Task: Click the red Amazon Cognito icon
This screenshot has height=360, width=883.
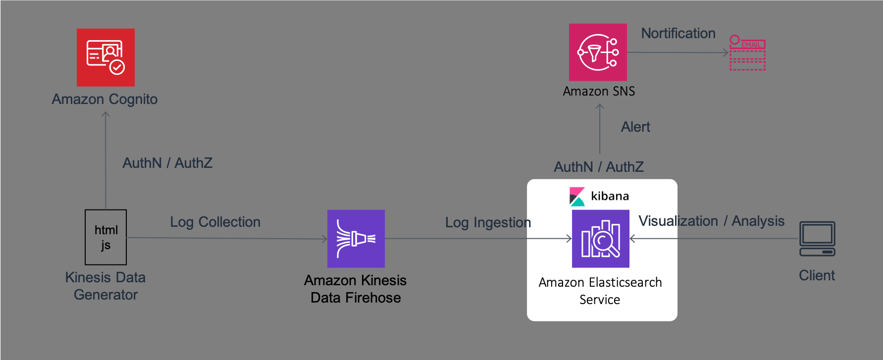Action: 105,57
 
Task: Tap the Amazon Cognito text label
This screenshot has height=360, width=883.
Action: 104,100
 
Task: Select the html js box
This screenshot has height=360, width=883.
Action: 105,237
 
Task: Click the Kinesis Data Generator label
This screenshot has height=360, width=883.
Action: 105,286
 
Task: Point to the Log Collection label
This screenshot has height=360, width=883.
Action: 215,222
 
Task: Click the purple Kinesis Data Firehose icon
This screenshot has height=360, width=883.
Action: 356,239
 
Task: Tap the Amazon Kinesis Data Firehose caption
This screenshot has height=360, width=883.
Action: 356,289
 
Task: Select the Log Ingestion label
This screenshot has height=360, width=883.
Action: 488,223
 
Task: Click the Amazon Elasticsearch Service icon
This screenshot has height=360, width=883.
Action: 601,239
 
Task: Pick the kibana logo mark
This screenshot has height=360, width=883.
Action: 577,197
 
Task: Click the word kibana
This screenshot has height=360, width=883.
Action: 610,196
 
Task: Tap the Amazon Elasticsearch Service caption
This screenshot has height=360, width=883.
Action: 600,291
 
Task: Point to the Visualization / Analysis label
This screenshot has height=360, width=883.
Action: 711,221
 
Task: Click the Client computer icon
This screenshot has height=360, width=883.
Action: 817,239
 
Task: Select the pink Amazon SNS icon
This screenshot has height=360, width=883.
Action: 598,52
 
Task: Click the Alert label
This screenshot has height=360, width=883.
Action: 635,127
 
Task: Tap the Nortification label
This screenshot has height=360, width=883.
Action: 678,33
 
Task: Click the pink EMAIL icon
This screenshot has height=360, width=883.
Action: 748,52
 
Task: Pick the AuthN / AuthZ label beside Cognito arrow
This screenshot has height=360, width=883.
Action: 167,163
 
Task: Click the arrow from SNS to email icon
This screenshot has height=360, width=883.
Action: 677,52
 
